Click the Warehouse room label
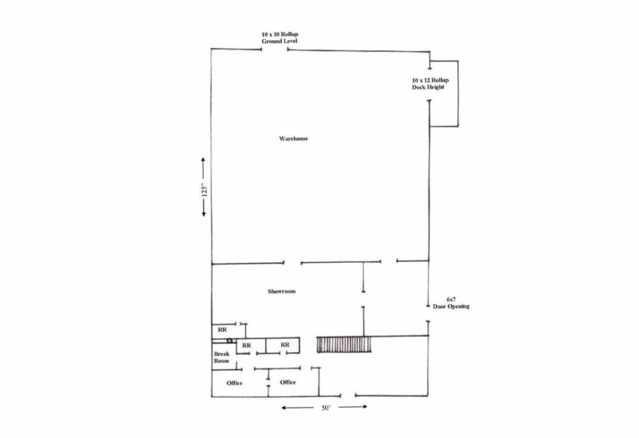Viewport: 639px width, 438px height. (293, 138)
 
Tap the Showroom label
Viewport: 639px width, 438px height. (282, 291)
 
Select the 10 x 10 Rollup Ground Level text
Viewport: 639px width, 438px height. (280, 38)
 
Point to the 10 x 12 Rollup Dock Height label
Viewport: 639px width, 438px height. (430, 84)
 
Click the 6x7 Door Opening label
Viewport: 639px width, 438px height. (451, 303)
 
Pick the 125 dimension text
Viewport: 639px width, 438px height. (204, 190)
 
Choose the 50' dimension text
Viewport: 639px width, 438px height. (326, 408)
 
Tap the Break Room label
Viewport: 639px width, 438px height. (222, 357)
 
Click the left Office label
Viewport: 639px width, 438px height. (234, 383)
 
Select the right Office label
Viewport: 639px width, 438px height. (288, 382)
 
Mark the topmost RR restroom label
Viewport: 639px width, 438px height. (222, 329)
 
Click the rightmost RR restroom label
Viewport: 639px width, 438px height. (285, 344)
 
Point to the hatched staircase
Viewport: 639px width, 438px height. (344, 344)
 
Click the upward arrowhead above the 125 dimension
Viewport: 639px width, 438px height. (204, 160)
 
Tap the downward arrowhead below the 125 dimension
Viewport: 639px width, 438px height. (204, 213)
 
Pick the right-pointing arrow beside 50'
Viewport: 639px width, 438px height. (353, 407)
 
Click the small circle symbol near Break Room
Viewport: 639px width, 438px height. (230, 340)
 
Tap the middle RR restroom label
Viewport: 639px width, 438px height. (247, 345)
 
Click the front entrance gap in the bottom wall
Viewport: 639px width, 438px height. (347, 395)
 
